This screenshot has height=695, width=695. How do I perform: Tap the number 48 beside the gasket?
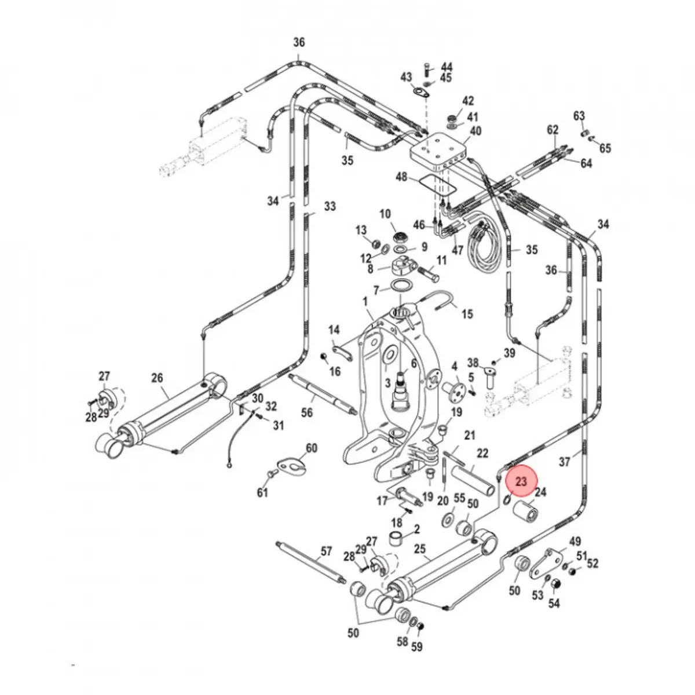point(402,177)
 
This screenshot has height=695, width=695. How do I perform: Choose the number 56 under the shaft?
point(307,412)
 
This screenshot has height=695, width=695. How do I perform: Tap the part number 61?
point(263,492)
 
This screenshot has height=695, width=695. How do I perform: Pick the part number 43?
point(406,77)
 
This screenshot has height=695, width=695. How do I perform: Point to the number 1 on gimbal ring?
point(365,302)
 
